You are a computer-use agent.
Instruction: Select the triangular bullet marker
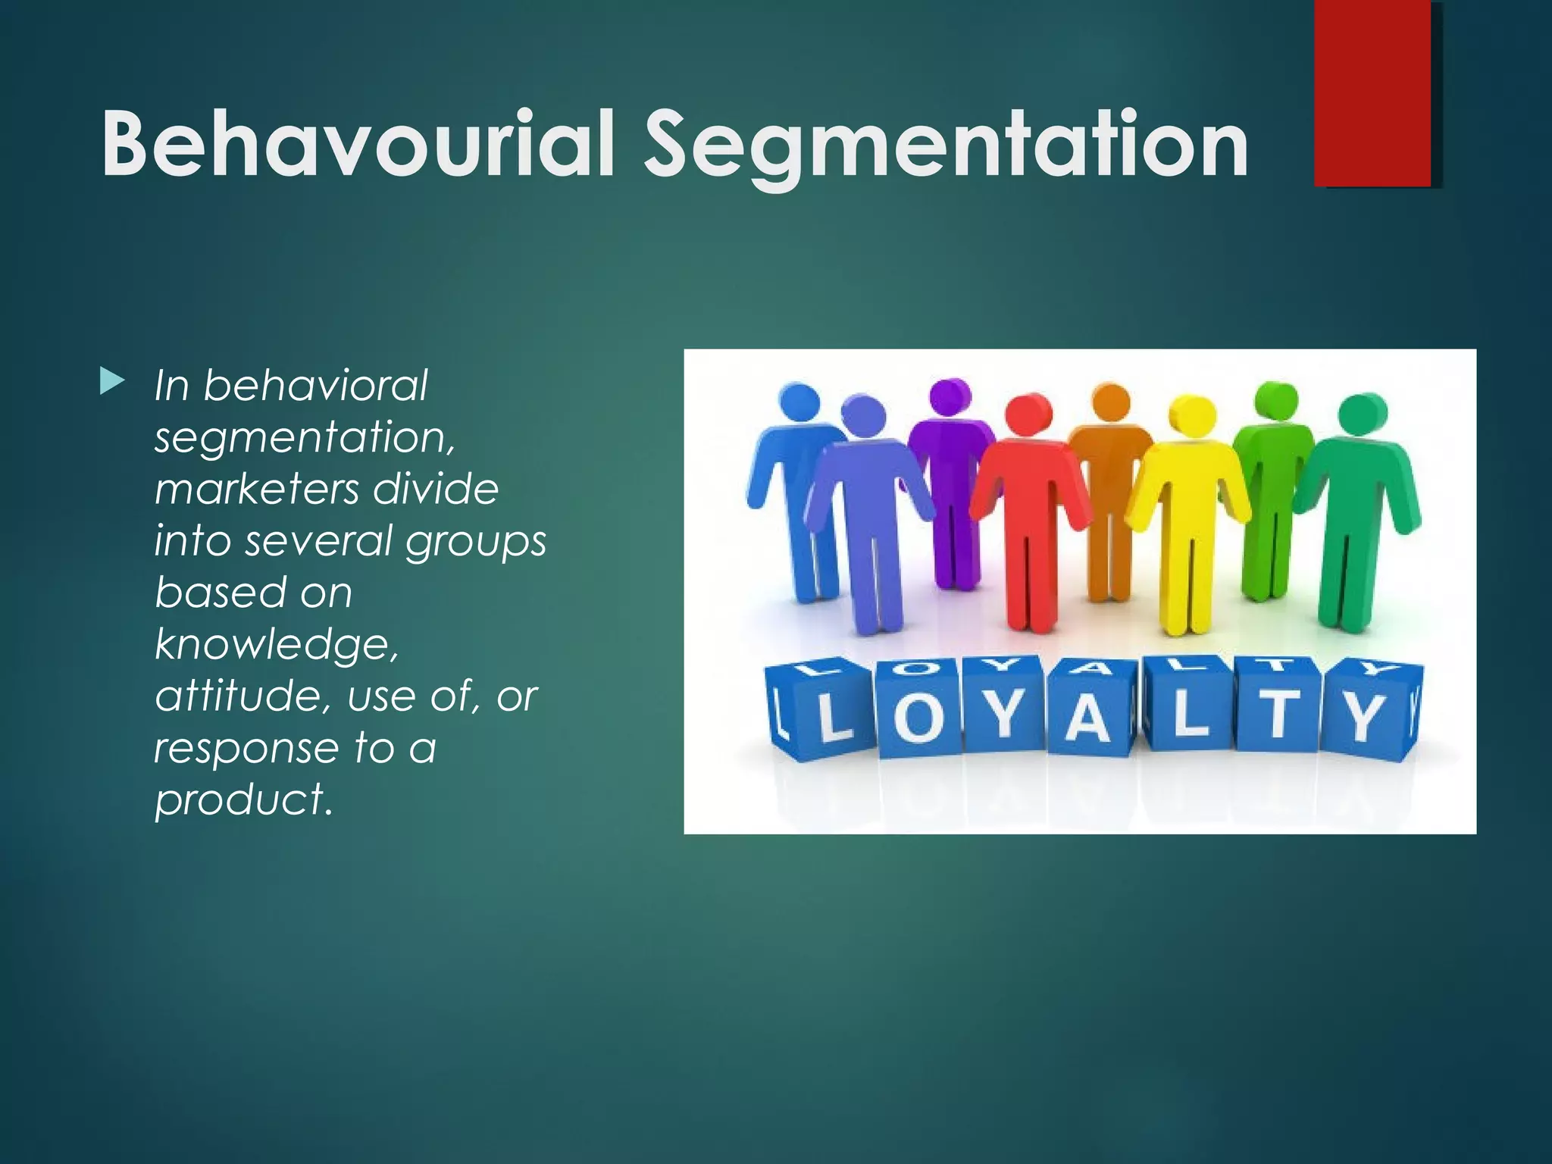(111, 382)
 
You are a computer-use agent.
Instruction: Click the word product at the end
(242, 799)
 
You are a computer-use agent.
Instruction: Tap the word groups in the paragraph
(475, 543)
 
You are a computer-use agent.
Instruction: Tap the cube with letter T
(1278, 713)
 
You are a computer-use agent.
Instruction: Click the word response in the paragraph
(246, 748)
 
